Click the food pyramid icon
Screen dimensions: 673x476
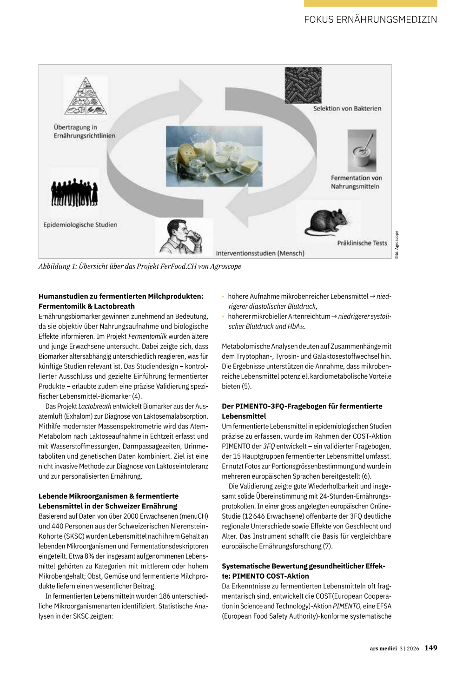coord(86,97)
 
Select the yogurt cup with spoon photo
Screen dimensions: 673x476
coord(362,151)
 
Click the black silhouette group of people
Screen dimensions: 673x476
coord(74,192)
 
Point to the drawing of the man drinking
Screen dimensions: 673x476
coord(181,237)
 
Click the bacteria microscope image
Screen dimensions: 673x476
coord(303,85)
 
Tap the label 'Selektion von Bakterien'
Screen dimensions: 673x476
coord(347,109)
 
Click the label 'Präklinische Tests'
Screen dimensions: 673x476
coord(362,243)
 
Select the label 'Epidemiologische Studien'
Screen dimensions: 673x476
coord(80,225)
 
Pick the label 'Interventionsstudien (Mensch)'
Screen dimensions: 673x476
coord(260,253)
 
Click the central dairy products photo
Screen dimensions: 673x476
coord(214,156)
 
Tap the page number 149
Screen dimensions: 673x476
coord(431,648)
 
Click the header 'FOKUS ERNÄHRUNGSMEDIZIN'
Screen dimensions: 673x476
coord(370,20)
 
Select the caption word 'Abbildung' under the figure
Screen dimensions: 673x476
coord(54,266)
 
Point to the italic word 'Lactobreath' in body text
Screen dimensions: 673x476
coord(95,406)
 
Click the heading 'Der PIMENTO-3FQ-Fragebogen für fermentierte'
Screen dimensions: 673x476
coord(302,406)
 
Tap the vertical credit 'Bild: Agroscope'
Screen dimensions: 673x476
coord(397,244)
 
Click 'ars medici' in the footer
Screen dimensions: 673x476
coord(383,648)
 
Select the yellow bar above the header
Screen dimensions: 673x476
coord(370,3)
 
